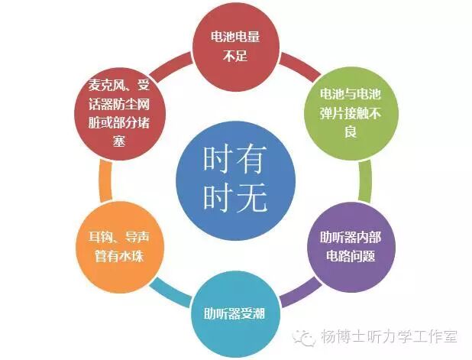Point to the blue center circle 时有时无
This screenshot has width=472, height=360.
234,180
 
